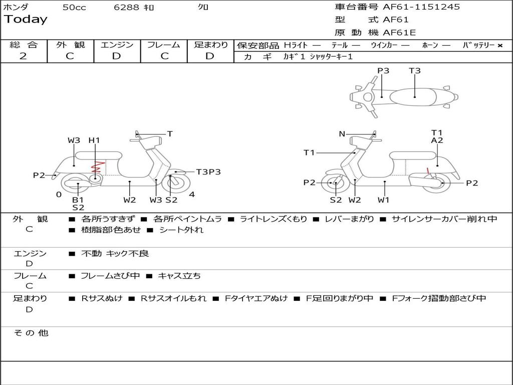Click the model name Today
tap(26, 20)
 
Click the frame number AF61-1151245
tap(421, 7)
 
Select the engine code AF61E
tap(399, 33)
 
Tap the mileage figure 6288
tap(126, 7)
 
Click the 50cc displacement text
tap(74, 7)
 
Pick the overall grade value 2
tap(23, 56)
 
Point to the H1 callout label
tap(94, 140)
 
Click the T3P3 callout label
tap(208, 172)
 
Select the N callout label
tap(342, 134)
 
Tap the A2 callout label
tap(437, 140)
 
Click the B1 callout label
tap(78, 200)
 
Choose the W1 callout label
tap(383, 200)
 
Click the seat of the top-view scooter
tap(413, 97)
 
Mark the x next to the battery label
tap(500, 46)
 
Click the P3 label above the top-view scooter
tap(383, 71)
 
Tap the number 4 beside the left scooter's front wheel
tap(192, 195)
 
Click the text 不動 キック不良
tap(115, 253)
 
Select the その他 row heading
tap(31, 333)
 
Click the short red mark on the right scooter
tap(428, 170)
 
